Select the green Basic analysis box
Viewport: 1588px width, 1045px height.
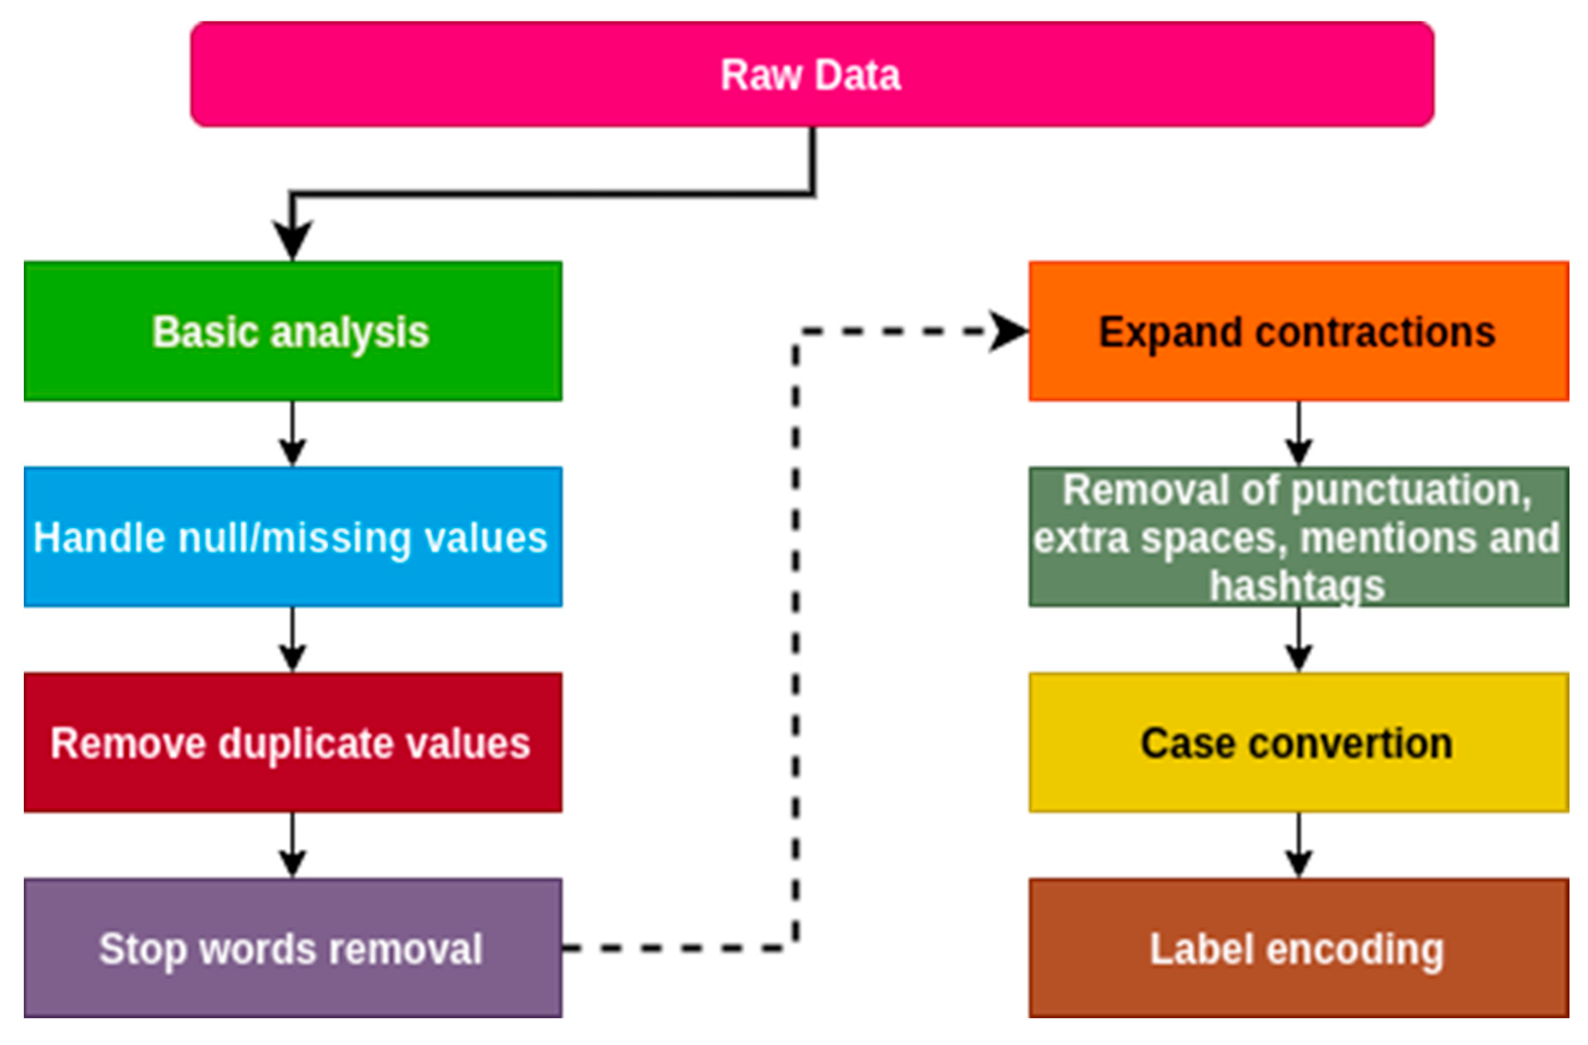(292, 331)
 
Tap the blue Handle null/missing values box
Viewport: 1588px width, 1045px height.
(292, 537)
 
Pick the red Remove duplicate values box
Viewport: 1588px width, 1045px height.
(292, 742)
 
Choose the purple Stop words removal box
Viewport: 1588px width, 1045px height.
(292, 948)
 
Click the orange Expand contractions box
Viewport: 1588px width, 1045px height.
(1298, 331)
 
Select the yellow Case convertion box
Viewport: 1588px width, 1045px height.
(1298, 742)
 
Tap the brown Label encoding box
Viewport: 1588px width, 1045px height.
(1298, 948)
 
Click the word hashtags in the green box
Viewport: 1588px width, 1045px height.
(1297, 586)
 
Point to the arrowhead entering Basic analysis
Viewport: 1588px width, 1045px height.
(292, 239)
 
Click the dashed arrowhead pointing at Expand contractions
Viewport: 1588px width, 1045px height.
(1008, 331)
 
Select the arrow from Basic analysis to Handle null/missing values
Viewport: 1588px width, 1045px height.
(292, 434)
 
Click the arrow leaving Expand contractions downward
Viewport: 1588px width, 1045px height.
(1298, 434)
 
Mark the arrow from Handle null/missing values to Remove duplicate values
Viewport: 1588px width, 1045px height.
(292, 640)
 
